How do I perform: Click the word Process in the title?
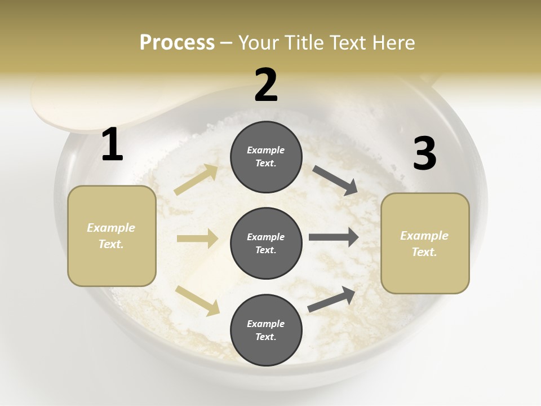click(177, 42)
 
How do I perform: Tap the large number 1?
click(112, 145)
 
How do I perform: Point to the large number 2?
click(266, 86)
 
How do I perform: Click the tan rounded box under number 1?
click(112, 236)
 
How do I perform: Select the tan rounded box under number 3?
click(425, 244)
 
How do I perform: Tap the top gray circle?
click(267, 157)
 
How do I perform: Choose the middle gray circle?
click(267, 243)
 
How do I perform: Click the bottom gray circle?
click(267, 330)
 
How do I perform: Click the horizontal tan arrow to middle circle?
click(197, 239)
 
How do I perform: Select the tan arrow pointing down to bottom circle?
click(198, 300)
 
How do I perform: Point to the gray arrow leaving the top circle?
click(335, 180)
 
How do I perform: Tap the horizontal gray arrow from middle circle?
click(334, 237)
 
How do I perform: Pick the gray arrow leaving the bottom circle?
click(332, 299)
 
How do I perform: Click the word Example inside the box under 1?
click(111, 228)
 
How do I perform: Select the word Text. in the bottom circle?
click(266, 337)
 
